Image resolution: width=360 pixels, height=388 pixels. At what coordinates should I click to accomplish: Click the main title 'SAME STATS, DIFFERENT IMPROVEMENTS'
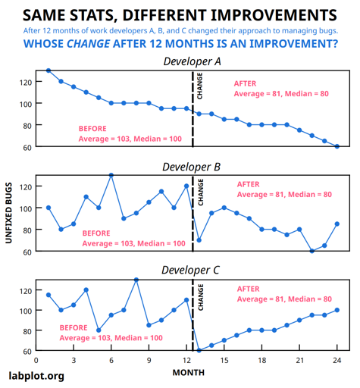coord(180,15)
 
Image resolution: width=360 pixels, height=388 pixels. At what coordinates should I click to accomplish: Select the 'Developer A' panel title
coord(193,61)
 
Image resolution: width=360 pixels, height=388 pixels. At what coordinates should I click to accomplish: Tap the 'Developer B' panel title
coord(193,166)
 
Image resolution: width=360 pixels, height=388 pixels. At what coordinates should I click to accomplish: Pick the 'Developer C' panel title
coord(193,270)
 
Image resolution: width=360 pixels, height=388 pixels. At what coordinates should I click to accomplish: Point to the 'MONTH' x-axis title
coord(188,372)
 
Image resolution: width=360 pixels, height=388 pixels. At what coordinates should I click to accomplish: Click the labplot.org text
coord(36,375)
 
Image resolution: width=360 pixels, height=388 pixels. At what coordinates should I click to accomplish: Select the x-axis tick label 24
coord(337,360)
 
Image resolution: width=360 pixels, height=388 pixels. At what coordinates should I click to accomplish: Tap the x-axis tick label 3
coord(74,360)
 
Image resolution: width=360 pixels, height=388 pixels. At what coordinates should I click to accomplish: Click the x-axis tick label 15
coord(224,360)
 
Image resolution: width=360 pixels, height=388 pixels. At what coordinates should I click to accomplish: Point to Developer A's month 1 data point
coord(49,70)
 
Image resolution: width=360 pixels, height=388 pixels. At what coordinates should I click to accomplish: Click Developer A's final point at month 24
coord(337,146)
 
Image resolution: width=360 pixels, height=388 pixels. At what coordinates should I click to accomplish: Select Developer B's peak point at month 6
coord(111,175)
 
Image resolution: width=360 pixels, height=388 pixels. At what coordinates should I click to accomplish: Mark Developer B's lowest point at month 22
coord(312,251)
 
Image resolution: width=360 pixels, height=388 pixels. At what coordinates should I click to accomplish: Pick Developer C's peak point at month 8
coord(136,280)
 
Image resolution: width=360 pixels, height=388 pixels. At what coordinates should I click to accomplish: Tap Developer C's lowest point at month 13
coord(199,351)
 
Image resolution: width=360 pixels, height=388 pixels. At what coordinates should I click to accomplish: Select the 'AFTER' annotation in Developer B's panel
coord(248,184)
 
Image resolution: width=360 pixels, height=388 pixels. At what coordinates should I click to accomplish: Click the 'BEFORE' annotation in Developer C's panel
coord(74,327)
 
